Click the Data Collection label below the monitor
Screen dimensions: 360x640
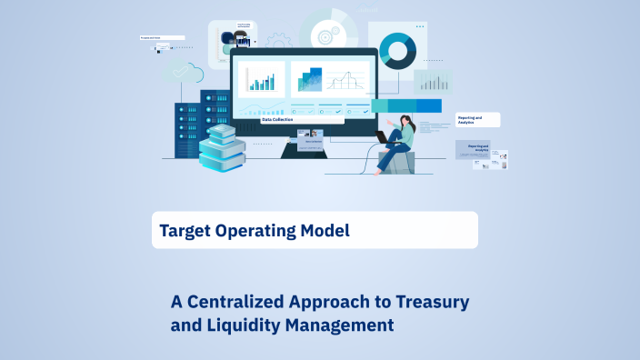pyautogui.click(x=280, y=119)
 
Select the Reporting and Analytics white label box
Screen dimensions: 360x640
pyautogui.click(x=478, y=119)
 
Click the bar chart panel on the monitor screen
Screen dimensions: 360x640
pyautogui.click(x=262, y=80)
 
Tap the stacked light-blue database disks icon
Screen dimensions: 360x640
pyautogui.click(x=223, y=147)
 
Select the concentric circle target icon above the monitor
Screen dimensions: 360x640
pyautogui.click(x=324, y=37)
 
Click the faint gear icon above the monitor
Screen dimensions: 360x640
pyautogui.click(x=278, y=41)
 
